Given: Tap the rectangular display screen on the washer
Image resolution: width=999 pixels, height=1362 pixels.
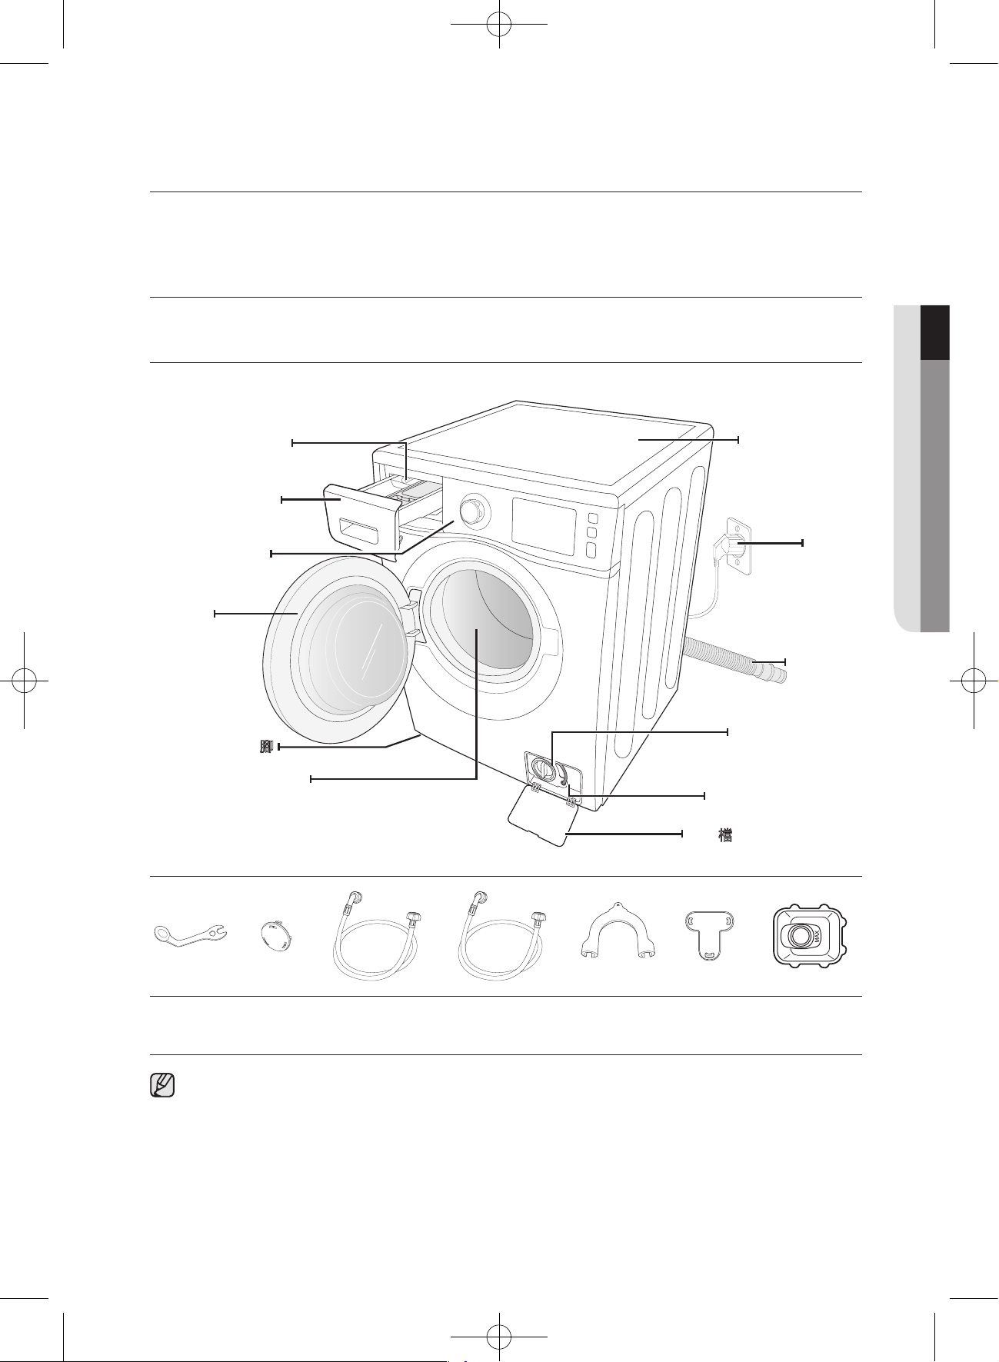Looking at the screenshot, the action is pos(544,526).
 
